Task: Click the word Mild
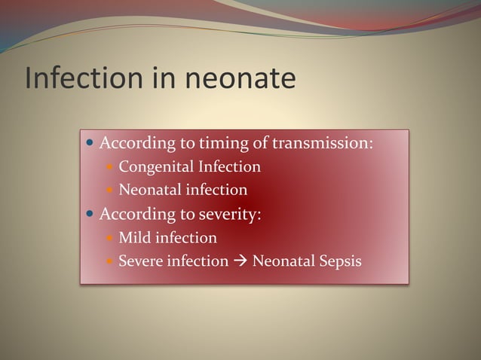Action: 135,238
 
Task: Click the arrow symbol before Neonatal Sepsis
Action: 240,262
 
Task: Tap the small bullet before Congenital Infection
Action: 110,167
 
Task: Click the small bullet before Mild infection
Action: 110,239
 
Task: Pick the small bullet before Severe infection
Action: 110,263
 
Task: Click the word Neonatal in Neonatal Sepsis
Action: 283,262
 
